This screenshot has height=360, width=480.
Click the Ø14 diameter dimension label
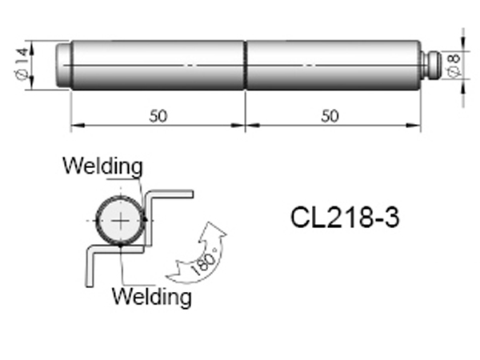click(x=22, y=64)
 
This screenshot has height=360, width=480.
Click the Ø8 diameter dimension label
click(x=454, y=66)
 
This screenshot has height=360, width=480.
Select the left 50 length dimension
click(x=158, y=116)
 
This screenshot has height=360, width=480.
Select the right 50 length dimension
click(x=330, y=116)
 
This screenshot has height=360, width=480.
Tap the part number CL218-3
click(x=345, y=218)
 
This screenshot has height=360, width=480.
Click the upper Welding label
click(x=103, y=166)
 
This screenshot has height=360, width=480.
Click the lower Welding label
click(x=152, y=296)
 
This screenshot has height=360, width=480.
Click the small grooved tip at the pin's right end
click(x=431, y=65)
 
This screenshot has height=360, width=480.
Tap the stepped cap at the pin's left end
click(x=64, y=66)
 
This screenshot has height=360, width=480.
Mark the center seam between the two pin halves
click(x=246, y=66)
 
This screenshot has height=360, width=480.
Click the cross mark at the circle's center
click(x=121, y=221)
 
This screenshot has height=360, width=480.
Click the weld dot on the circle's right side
click(x=145, y=220)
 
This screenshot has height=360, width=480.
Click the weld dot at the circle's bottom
click(x=121, y=244)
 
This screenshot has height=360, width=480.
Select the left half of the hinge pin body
click(x=158, y=66)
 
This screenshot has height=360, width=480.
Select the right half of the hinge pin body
click(x=333, y=66)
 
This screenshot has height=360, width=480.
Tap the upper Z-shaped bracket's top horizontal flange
click(x=170, y=194)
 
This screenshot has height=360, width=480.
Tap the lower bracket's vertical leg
click(x=90, y=266)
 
